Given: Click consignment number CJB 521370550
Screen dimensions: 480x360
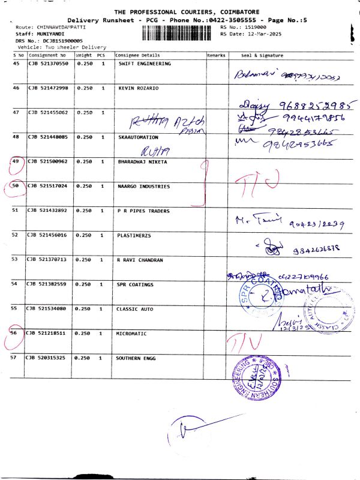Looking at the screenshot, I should pos(48,64).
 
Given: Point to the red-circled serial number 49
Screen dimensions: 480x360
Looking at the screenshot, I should pos(16,162).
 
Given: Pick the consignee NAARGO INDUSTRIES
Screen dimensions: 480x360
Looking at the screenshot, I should pos(144,187).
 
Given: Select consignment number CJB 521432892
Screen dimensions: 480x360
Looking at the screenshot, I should pos(48,211).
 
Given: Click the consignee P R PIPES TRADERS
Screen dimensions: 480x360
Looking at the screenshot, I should pos(144,211).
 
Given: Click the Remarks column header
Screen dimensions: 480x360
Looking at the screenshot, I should pos(216,55).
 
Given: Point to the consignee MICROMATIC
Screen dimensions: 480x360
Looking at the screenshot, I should pos(132,334).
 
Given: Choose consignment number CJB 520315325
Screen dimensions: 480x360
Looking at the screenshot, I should pos(48,358).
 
